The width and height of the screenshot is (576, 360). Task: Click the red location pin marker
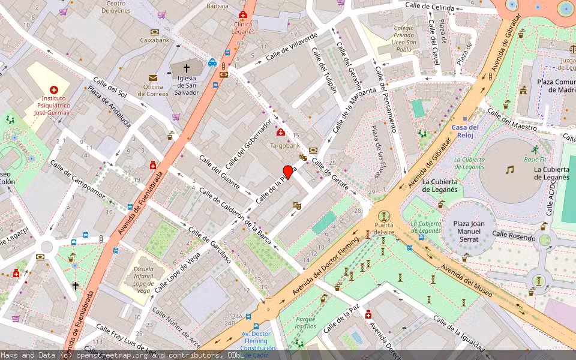tap(288, 172)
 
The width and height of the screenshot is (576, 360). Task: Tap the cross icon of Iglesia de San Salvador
tap(186, 68)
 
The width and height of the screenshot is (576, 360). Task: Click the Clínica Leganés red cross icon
tap(242, 14)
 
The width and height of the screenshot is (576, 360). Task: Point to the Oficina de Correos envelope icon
tap(153, 78)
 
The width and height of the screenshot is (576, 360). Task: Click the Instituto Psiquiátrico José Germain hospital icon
tap(53, 90)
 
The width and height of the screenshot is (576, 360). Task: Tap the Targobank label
tap(284, 146)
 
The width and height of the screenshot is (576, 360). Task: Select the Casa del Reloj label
tap(465, 131)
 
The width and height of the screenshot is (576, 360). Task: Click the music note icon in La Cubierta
tap(509, 170)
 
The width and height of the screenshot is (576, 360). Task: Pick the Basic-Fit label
tap(535, 160)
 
